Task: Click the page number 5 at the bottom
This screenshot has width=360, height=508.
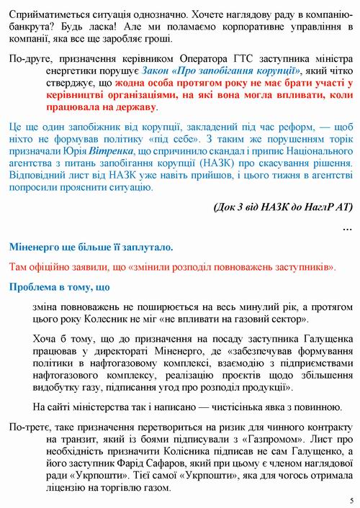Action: (x=351, y=500)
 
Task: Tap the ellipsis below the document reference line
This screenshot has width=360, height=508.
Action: (x=347, y=228)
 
